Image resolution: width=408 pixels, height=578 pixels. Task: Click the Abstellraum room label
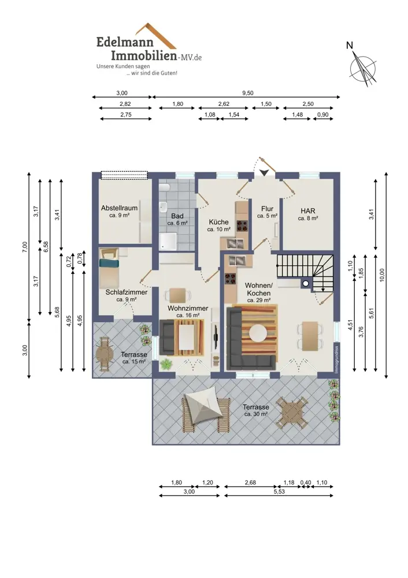click(119, 208)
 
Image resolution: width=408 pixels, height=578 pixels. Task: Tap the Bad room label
click(177, 216)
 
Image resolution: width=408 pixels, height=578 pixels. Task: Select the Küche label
click(218, 222)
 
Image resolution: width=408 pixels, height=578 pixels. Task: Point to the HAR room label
click(308, 211)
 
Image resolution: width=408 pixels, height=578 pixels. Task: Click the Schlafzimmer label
click(127, 292)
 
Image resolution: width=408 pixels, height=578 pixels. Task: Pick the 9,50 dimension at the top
click(248, 93)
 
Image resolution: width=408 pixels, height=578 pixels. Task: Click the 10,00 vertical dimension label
click(382, 275)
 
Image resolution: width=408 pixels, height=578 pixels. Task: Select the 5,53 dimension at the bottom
click(279, 491)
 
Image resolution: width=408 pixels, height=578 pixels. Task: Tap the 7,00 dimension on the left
click(25, 247)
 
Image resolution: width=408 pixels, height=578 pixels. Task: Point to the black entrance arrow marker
click(264, 172)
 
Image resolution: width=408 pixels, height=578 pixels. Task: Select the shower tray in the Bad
click(168, 241)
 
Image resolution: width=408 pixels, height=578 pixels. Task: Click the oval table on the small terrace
click(104, 355)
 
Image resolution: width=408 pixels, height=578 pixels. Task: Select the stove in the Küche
click(242, 225)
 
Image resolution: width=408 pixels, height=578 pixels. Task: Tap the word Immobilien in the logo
click(144, 55)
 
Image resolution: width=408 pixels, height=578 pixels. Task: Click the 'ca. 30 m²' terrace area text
click(256, 414)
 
